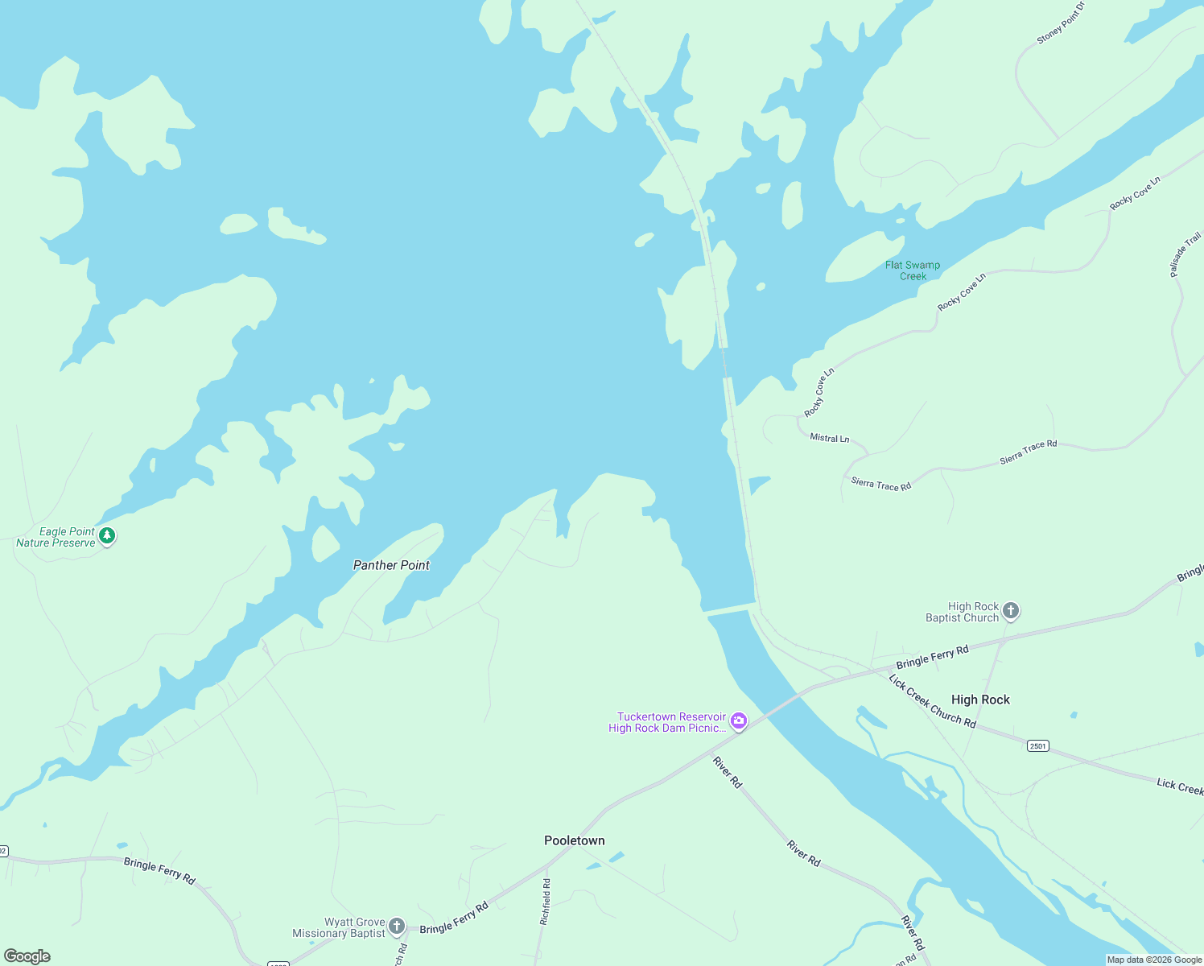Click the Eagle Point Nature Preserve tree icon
pyautogui.click(x=107, y=535)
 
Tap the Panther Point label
pyautogui.click(x=391, y=565)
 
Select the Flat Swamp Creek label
pyautogui.click(x=913, y=270)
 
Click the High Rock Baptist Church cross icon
pyautogui.click(x=1012, y=611)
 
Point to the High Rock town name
pyautogui.click(x=980, y=700)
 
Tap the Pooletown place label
pyautogui.click(x=574, y=840)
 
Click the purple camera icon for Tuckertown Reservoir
pyautogui.click(x=739, y=721)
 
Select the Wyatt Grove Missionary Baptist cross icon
pyautogui.click(x=397, y=927)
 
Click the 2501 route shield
pyautogui.click(x=1038, y=746)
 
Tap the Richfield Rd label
pyautogui.click(x=546, y=901)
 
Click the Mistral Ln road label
pyautogui.click(x=830, y=438)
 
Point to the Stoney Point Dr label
pyautogui.click(x=1061, y=23)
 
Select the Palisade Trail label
pyautogui.click(x=1185, y=254)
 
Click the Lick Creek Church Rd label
pyautogui.click(x=932, y=702)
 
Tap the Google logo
pyautogui.click(x=27, y=956)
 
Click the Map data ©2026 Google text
pyautogui.click(x=1154, y=960)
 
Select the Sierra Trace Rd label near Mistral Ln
pyautogui.click(x=880, y=485)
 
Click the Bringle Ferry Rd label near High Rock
pyautogui.click(x=932, y=657)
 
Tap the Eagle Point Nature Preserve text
pyautogui.click(x=56, y=537)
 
